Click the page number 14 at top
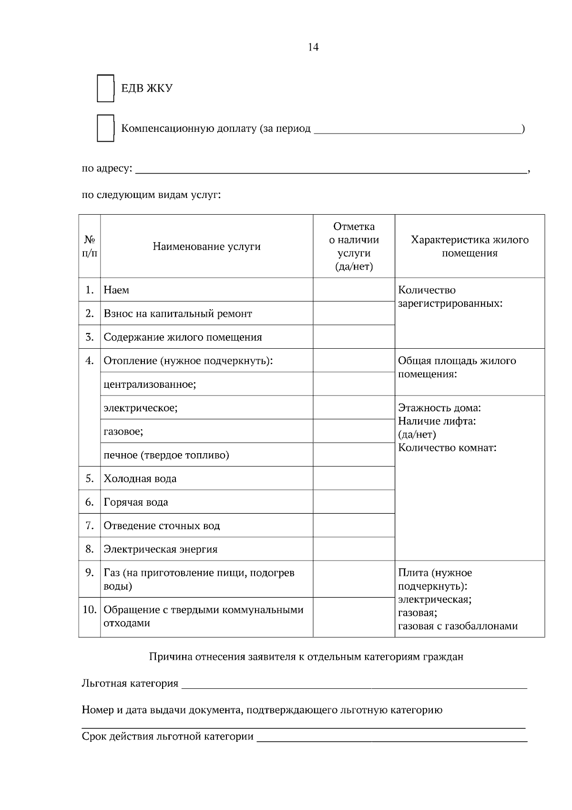click(313, 47)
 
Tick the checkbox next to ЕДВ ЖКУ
click(105, 88)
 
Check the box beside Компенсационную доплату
click(105, 128)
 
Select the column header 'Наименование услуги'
click(206, 247)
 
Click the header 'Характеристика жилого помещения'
click(470, 246)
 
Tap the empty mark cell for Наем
click(354, 290)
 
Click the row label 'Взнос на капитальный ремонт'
click(178, 314)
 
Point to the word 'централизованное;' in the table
click(150, 384)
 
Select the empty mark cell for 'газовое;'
click(354, 431)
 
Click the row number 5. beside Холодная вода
click(90, 478)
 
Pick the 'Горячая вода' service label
click(136, 502)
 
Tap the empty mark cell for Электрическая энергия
click(354, 549)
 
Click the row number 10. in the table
click(90, 610)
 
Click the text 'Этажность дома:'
click(439, 408)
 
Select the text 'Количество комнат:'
click(447, 448)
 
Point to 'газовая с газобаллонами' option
click(458, 626)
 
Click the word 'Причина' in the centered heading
click(167, 657)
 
